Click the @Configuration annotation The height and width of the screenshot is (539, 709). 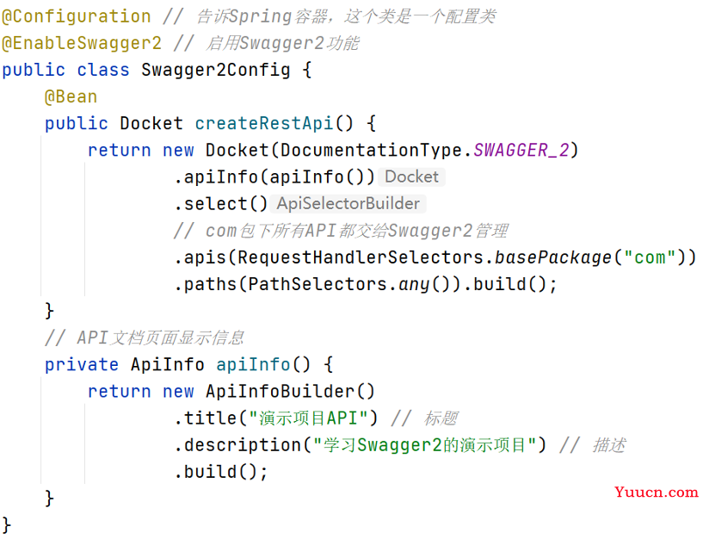pyautogui.click(x=77, y=16)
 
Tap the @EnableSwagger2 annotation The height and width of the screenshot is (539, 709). pyautogui.click(x=82, y=43)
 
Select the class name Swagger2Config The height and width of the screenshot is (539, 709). pyautogui.click(x=215, y=70)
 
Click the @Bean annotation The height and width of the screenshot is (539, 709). pyautogui.click(x=71, y=96)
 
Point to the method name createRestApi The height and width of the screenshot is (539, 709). pyautogui.click(x=264, y=123)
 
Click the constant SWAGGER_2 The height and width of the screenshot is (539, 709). pyautogui.click(x=521, y=151)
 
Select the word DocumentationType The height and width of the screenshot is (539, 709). pyautogui.click(x=371, y=151)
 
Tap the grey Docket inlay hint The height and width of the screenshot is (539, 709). pyautogui.click(x=411, y=177)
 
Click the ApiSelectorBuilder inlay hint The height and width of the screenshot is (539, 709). pyautogui.click(x=348, y=204)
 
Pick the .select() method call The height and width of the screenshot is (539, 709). pyautogui.click(x=221, y=204)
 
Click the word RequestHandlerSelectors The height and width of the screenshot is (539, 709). pyautogui.click(x=361, y=257)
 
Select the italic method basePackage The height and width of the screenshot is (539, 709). pyautogui.click(x=553, y=257)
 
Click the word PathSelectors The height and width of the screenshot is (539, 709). pyautogui.click(x=318, y=284)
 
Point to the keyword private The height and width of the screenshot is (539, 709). pyautogui.click(x=82, y=365)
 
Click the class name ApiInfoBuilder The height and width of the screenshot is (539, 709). pyautogui.click(x=280, y=392)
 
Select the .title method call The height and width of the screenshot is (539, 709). pyautogui.click(x=206, y=418)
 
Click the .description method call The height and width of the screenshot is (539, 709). pyautogui.click(x=237, y=445)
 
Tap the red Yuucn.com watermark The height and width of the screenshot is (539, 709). pyautogui.click(x=657, y=492)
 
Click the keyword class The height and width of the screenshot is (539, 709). pyautogui.click(x=103, y=70)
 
